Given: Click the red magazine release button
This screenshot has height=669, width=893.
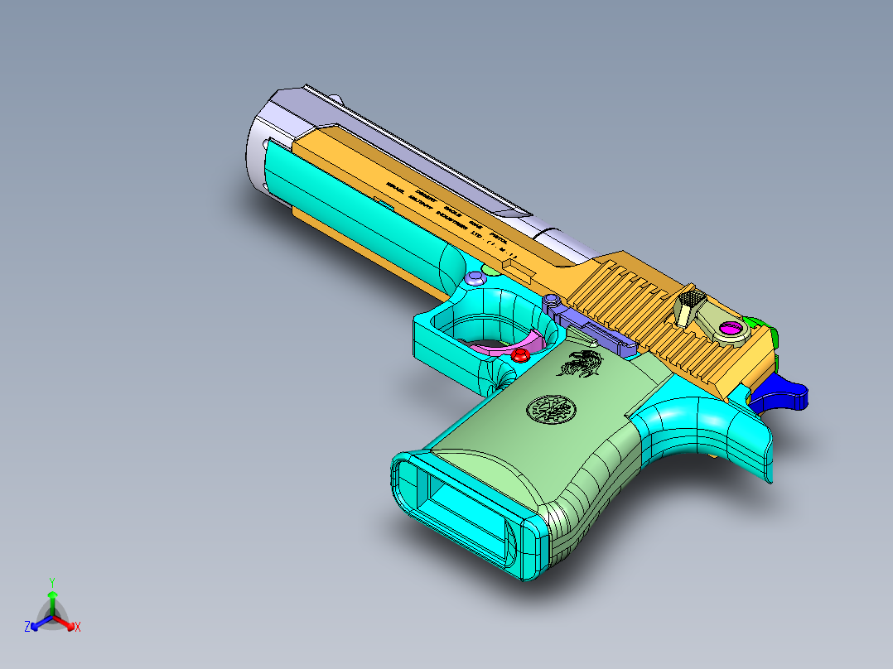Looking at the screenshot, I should pyautogui.click(x=521, y=354).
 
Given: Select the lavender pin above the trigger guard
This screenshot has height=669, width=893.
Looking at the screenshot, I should pyautogui.click(x=475, y=277).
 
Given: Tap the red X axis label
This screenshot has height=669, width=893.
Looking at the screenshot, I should pyautogui.click(x=78, y=628).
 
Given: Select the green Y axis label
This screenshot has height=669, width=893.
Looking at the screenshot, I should pyautogui.click(x=52, y=582).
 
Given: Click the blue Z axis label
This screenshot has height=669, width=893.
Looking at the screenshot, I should pyautogui.click(x=27, y=628).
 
